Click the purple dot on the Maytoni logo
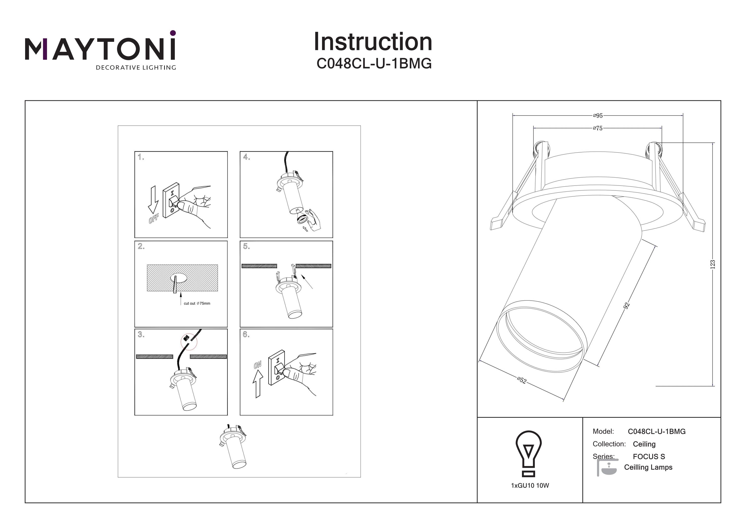tap(173, 33)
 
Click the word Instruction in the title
tap(373, 42)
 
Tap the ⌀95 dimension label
tap(598, 116)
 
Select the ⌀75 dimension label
tap(598, 128)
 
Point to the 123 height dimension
tap(712, 264)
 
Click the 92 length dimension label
tap(626, 305)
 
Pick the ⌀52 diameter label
tap(521, 380)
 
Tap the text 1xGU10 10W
tap(530, 486)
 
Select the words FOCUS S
tap(649, 456)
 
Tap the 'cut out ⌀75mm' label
tap(197, 303)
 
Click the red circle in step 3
tap(189, 342)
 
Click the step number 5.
tap(246, 247)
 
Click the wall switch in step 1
tap(171, 200)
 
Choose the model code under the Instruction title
tap(374, 64)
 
